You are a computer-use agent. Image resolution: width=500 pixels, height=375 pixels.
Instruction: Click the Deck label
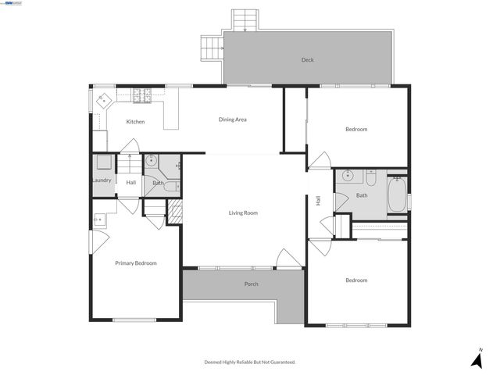coord(308,60)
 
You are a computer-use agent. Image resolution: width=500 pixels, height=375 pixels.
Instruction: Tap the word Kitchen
coord(135,122)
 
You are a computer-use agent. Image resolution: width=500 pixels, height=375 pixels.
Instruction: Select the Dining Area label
coord(233,120)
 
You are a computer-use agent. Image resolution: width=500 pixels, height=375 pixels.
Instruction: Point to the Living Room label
coord(243,212)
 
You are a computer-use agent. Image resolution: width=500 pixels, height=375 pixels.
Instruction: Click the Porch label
coord(252,284)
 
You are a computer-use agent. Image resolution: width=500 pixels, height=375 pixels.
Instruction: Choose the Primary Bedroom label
coord(136,263)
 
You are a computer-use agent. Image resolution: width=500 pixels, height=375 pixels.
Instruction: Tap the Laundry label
coord(102,180)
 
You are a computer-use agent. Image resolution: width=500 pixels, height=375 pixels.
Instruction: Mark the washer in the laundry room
coord(102,162)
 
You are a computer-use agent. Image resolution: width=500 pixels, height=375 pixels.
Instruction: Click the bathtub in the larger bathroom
coord(397,195)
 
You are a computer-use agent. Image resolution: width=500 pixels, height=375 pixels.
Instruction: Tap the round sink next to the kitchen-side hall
coord(152,162)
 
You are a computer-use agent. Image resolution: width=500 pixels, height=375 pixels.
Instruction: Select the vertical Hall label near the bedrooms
coord(319,201)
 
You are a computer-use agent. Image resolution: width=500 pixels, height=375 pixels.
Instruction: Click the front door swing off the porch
coord(289,259)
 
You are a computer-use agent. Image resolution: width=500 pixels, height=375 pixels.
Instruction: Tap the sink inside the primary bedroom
coord(98,220)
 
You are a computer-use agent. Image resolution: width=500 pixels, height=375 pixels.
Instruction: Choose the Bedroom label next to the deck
coord(356,129)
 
